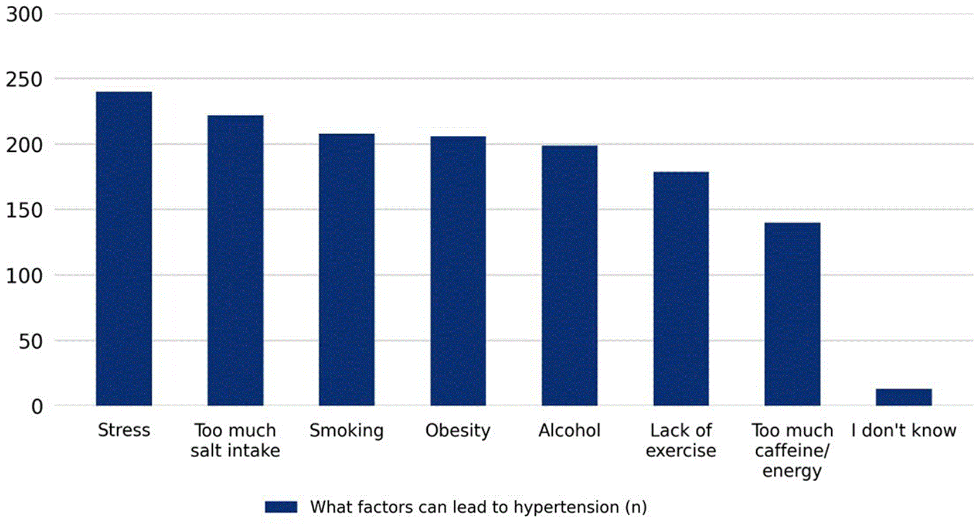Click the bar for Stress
point(124,249)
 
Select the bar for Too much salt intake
point(235,260)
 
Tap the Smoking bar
point(347,270)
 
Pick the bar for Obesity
point(458,271)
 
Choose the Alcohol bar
point(569,275)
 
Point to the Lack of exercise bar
point(681,289)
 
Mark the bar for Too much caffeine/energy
point(793,314)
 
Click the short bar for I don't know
point(904,397)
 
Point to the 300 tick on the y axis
point(25,15)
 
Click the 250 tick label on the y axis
point(25,80)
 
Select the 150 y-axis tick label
point(25,210)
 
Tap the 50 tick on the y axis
point(30,342)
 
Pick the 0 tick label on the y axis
point(37,407)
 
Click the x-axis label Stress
point(124,430)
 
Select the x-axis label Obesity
point(458,431)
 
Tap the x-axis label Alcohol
point(569,430)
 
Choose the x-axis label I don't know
point(904,430)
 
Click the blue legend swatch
point(281,507)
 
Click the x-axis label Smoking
point(347,431)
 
